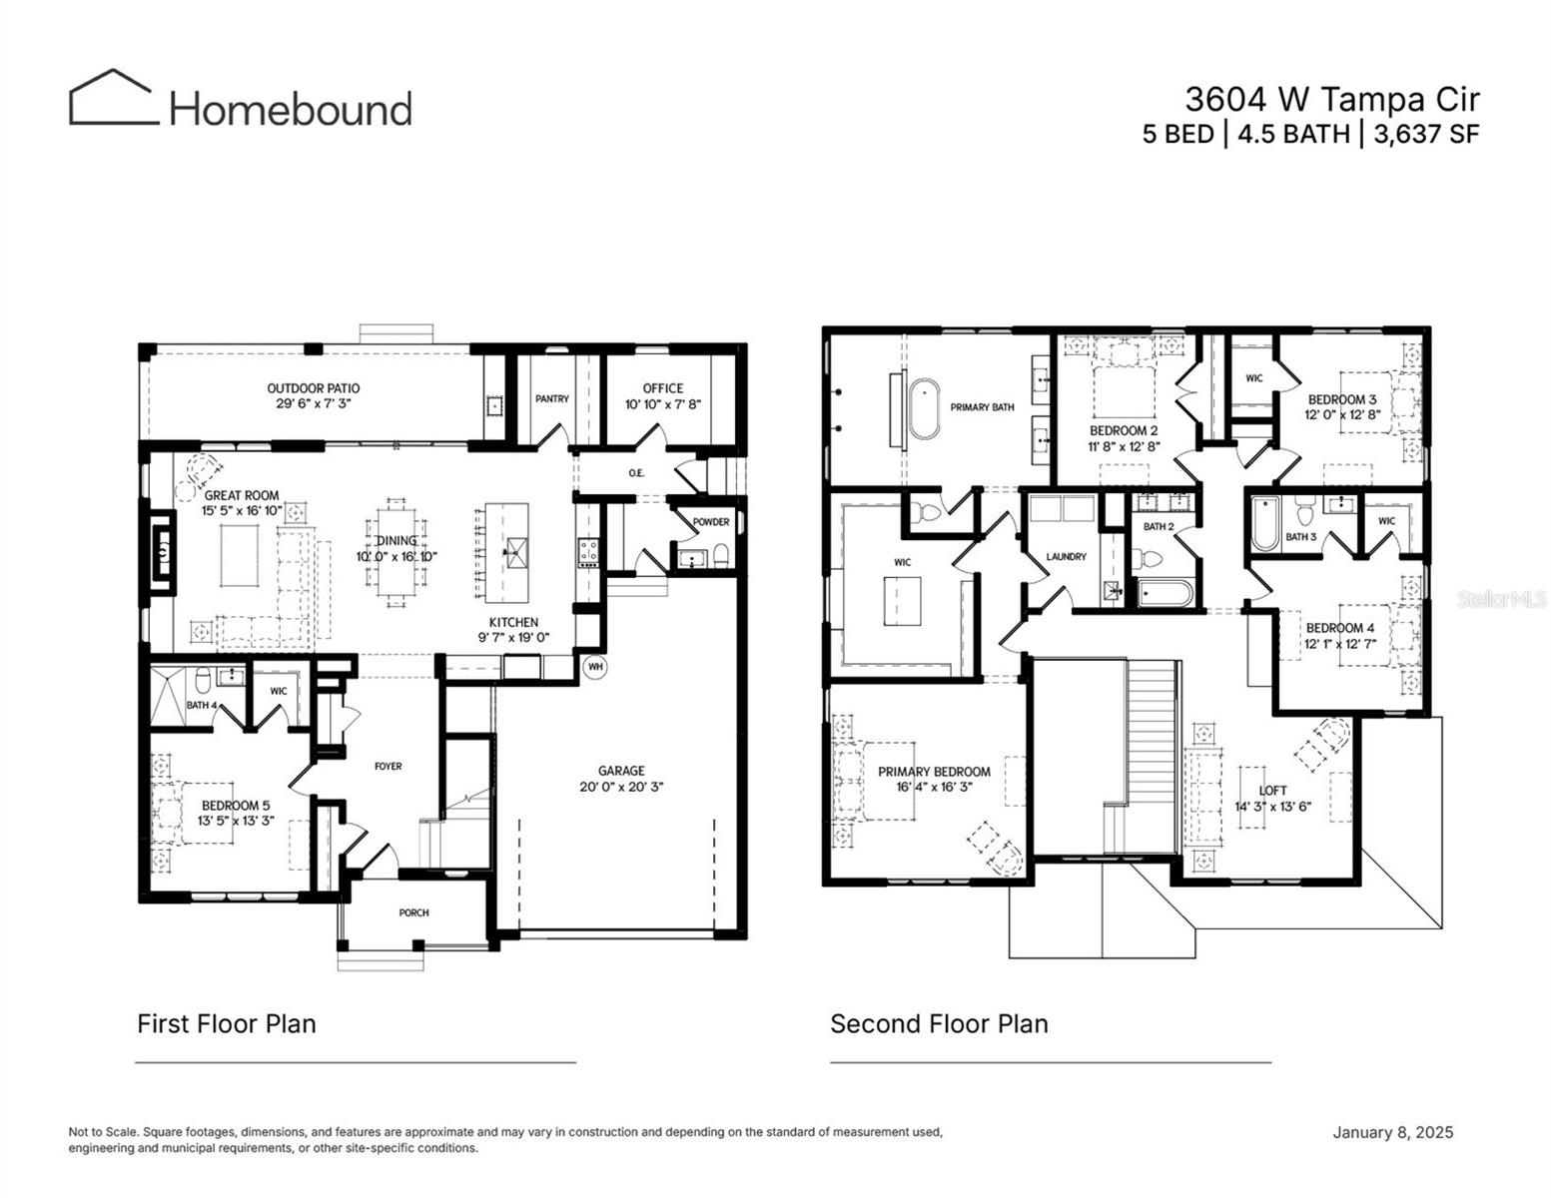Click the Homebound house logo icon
pos(113,98)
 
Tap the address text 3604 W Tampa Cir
pos(1331,99)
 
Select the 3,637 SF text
pos(1427,134)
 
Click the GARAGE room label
pos(621,770)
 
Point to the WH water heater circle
pos(595,666)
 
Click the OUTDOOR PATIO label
pos(313,388)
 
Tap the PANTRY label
pos(551,398)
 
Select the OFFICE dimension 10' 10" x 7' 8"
pos(662,404)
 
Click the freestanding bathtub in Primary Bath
pos(925,407)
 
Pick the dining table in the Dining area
pos(397,552)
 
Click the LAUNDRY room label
pos(1066,556)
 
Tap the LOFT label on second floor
pos(1272,790)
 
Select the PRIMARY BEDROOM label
pos(934,771)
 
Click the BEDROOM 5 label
pos(235,805)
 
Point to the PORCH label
pos(413,912)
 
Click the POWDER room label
pos(710,522)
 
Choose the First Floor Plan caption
pos(226,1023)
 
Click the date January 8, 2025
pos(1392,1132)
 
